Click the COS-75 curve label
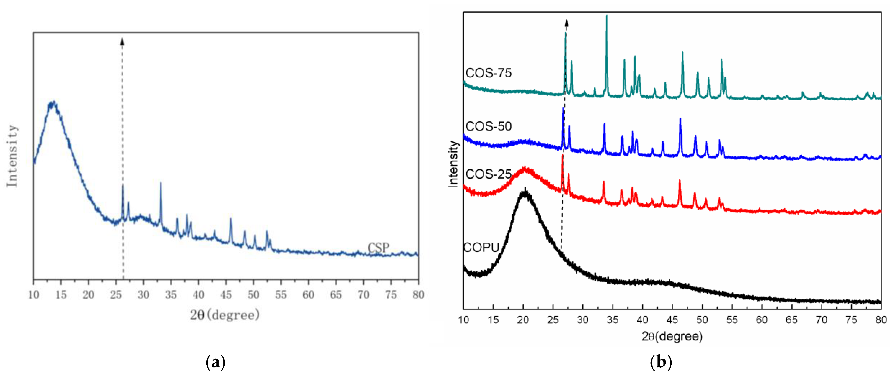(488, 73)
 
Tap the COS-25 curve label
(488, 174)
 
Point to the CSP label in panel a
(378, 248)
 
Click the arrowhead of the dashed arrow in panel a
(122, 42)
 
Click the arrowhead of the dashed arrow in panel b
(566, 23)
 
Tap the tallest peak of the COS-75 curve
(607, 16)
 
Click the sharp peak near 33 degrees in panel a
(160, 183)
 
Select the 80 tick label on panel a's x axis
(418, 295)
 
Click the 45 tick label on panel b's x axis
(672, 320)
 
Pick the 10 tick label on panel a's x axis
(34, 295)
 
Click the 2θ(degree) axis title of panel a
(225, 314)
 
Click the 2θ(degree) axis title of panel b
(672, 336)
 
